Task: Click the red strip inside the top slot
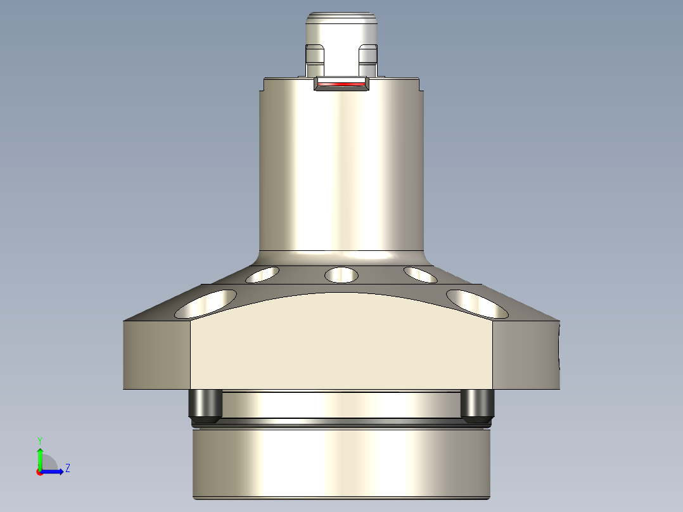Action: point(341,84)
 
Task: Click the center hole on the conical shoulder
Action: point(341,275)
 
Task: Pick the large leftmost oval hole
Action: point(205,304)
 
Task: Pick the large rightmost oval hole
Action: point(477,304)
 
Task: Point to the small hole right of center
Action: point(420,274)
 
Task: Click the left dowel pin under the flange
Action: point(205,406)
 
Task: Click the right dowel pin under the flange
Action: point(477,406)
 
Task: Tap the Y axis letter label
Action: point(39,440)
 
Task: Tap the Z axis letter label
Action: point(67,468)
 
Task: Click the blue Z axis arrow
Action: point(54,471)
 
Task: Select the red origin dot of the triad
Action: point(39,472)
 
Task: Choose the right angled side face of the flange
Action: point(526,355)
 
